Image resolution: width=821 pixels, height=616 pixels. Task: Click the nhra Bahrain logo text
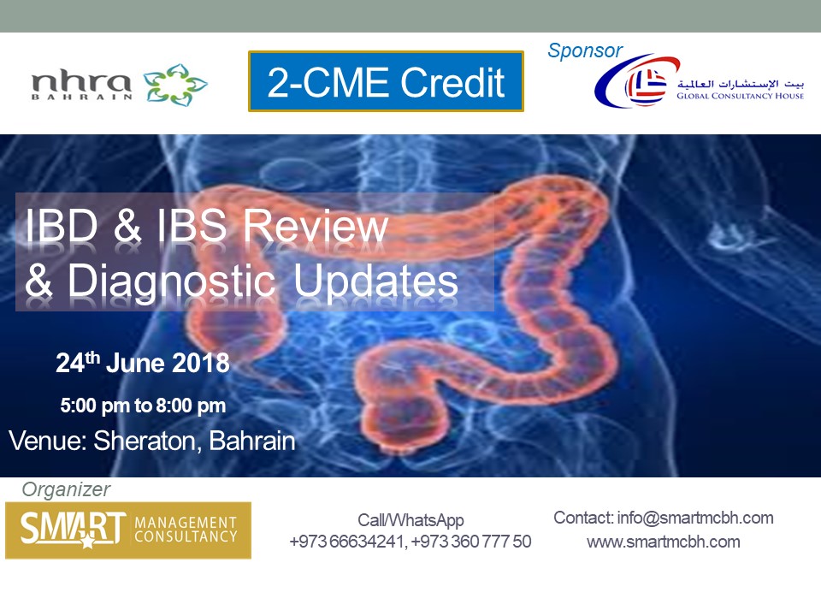click(x=81, y=86)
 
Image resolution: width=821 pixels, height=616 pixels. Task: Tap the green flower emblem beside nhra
click(x=175, y=85)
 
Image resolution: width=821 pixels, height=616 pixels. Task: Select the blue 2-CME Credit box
click(x=386, y=81)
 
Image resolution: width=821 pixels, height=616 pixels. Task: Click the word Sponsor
click(x=585, y=50)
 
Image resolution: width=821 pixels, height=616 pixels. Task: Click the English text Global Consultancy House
click(x=740, y=96)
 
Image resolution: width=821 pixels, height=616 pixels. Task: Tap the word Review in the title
click(x=316, y=226)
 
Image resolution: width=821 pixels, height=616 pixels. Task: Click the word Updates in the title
click(x=375, y=281)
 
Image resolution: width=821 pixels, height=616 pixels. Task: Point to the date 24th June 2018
click(x=143, y=363)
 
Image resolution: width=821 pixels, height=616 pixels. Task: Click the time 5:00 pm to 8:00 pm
click(x=143, y=406)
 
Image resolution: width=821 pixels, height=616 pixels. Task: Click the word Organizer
click(x=66, y=489)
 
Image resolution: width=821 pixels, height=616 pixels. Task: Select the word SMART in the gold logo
click(x=73, y=528)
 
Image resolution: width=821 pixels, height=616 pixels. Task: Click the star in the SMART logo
click(x=87, y=541)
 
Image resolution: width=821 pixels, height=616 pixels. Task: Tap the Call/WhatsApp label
click(x=410, y=520)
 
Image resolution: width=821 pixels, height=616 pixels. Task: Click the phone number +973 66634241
click(x=347, y=541)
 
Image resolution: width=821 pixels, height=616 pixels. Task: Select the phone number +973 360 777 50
click(x=471, y=541)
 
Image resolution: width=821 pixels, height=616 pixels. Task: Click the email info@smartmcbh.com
click(x=695, y=518)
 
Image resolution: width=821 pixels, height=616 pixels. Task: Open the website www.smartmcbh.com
click(x=664, y=542)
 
